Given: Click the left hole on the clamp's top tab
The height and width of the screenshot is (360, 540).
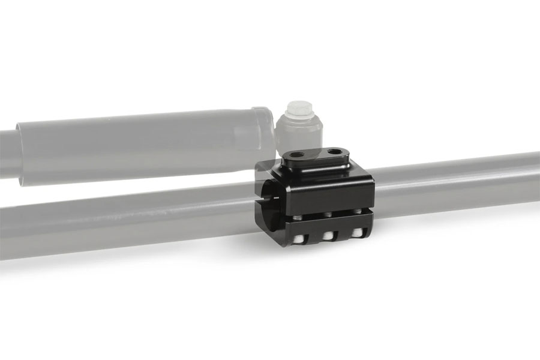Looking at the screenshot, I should tap(295, 154).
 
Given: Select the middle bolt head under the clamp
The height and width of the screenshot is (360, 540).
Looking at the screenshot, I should tap(327, 236).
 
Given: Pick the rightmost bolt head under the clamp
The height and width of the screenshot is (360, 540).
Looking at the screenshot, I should tap(358, 232).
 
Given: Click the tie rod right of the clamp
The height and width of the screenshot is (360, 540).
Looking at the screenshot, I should tap(456, 180).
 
